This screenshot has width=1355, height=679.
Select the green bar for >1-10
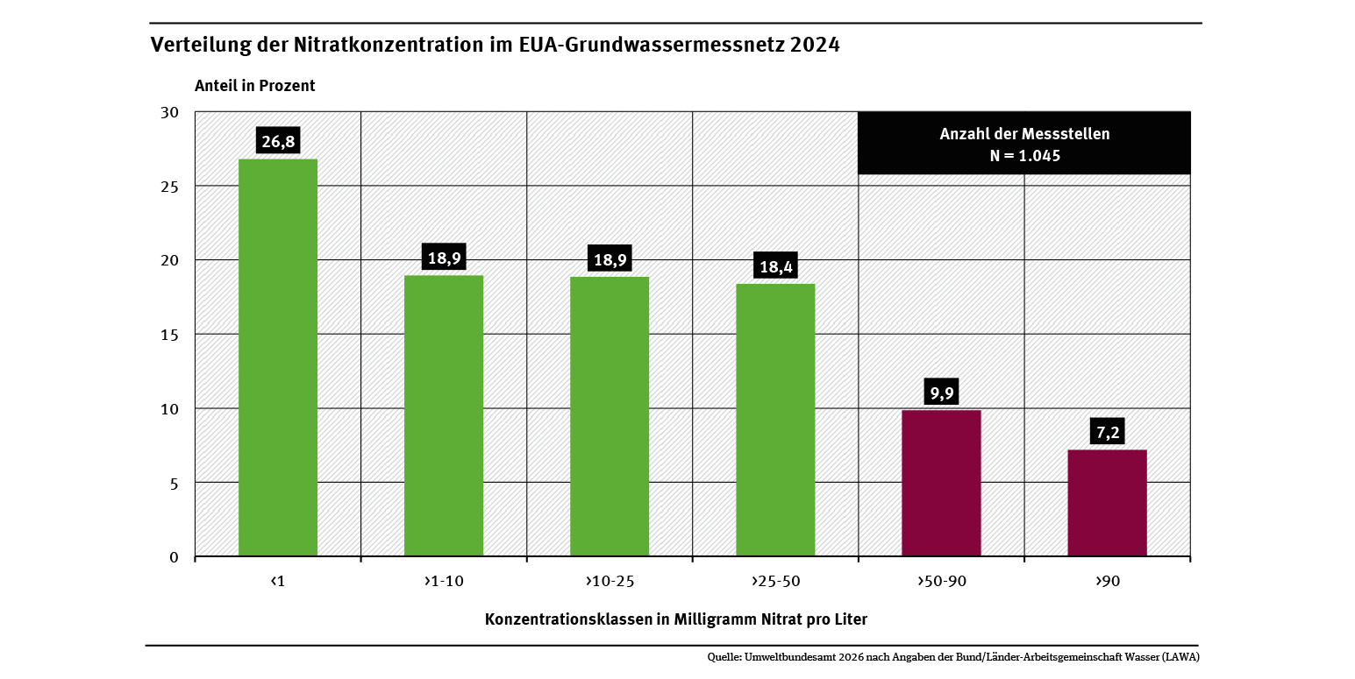444,415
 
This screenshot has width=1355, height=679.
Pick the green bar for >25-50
775,420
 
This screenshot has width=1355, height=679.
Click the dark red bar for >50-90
941,483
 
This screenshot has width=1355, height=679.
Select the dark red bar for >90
1107,503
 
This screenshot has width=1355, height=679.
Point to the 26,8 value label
277,141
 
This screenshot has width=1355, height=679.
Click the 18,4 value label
775,266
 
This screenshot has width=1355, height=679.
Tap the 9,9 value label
941,392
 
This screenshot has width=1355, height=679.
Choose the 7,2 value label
1107,432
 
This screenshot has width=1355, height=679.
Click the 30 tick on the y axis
170,112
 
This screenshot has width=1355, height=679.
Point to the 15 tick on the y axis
170,335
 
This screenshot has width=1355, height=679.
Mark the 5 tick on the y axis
174,483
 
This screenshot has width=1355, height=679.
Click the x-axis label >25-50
775,581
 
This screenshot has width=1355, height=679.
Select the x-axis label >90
1107,581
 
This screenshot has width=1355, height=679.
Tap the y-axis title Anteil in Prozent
254,86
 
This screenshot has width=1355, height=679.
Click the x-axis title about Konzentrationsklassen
675,619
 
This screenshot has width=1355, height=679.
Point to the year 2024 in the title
815,46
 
